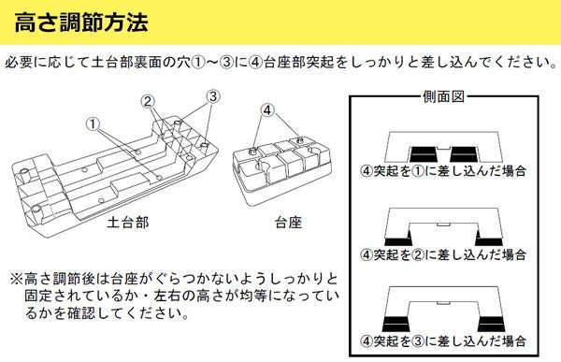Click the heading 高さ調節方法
pyautogui.click(x=81, y=22)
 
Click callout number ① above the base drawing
pyautogui.click(x=93, y=124)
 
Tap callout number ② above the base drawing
pyautogui.click(x=148, y=102)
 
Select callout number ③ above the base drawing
pyautogui.click(x=213, y=96)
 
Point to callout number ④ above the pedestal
pyautogui.click(x=267, y=110)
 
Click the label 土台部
pyautogui.click(x=128, y=223)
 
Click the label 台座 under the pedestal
pyautogui.click(x=288, y=223)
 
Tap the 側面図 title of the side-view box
pyautogui.click(x=443, y=96)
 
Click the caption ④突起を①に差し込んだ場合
pyautogui.click(x=443, y=170)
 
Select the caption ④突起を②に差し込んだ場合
pyautogui.click(x=443, y=254)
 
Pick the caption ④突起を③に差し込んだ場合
pyautogui.click(x=443, y=340)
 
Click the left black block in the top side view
pyautogui.click(x=424, y=154)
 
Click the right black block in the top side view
pyautogui.click(x=464, y=154)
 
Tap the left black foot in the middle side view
pyautogui.click(x=398, y=239)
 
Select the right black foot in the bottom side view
pyautogui.click(x=491, y=324)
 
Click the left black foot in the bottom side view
pyautogui.click(x=396, y=324)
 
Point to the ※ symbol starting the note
pyautogui.click(x=17, y=278)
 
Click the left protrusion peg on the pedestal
pyautogui.click(x=253, y=150)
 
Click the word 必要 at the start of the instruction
pyautogui.click(x=19, y=63)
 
